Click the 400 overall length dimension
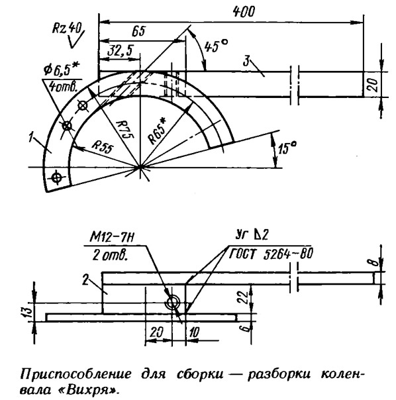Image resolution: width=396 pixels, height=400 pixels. point(244,11)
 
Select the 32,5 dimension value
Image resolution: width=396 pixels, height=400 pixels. point(120,50)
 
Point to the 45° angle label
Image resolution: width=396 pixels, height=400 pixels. point(216,46)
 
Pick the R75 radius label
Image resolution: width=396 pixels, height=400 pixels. point(124,129)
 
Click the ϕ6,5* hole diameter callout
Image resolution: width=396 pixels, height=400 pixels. point(62,70)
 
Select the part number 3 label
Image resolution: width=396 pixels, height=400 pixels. point(246,62)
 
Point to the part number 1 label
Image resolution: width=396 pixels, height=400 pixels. point(31,137)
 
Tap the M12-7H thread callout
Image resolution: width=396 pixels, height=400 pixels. point(112,238)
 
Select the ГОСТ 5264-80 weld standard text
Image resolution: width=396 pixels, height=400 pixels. point(270,254)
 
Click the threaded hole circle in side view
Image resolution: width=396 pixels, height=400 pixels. point(173,303)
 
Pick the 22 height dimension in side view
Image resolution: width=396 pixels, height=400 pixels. point(244,297)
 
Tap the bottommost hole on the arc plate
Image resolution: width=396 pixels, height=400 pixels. point(57,177)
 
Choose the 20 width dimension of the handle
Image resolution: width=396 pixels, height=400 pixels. point(373,85)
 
